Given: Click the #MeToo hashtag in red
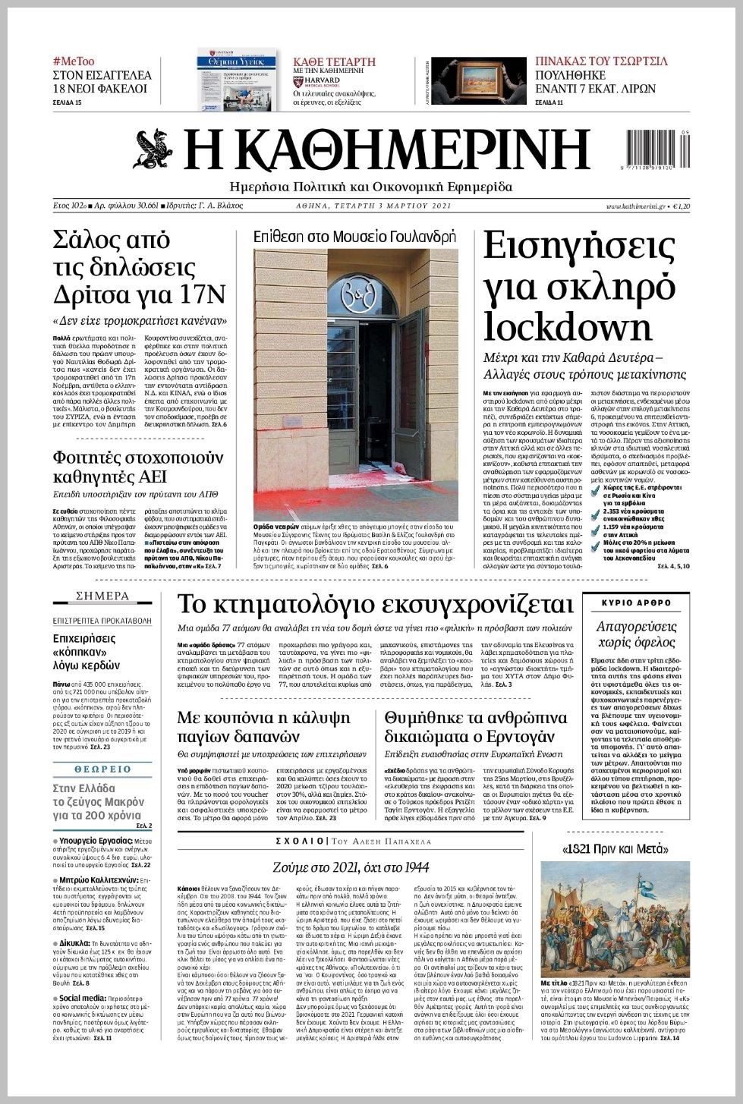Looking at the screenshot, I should click(74, 61).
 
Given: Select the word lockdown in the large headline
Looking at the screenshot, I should click(568, 327).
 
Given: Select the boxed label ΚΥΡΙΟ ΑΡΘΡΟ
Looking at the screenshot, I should click(636, 602).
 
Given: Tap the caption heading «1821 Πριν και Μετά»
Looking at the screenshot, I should click(615, 848).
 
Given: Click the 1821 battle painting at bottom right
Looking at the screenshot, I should click(615, 919).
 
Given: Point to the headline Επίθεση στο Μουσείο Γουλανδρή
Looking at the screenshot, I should click(354, 236).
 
